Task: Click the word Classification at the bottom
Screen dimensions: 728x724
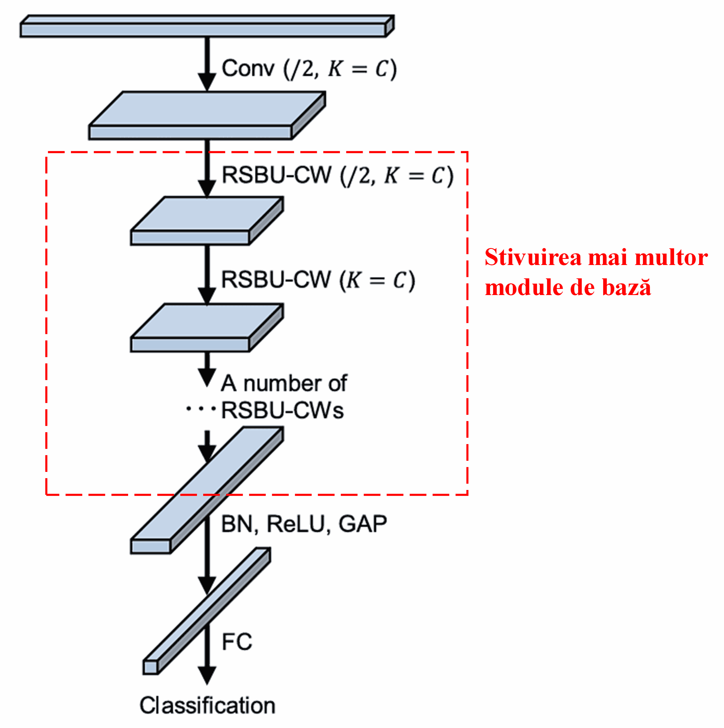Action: coord(207,705)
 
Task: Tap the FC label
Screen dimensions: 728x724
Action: coord(237,642)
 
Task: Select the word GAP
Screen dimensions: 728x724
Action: coord(362,524)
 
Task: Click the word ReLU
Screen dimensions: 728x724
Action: coord(295,524)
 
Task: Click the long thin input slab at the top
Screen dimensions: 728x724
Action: coord(203,29)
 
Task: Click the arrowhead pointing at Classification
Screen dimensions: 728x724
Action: coord(207,675)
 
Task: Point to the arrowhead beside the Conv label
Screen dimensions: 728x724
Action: coord(207,82)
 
